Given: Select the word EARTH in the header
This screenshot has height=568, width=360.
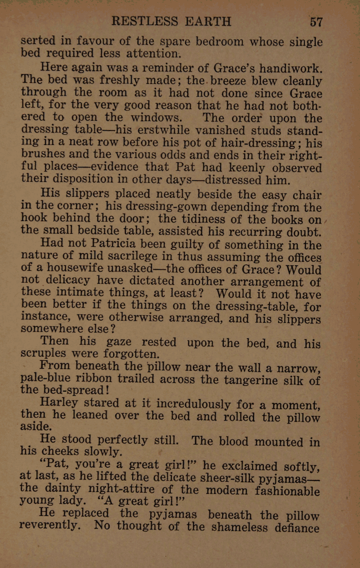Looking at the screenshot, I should click(207, 21).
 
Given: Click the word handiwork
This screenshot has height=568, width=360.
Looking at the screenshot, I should click(291, 68).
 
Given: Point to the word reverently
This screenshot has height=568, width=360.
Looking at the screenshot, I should click(50, 526).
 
